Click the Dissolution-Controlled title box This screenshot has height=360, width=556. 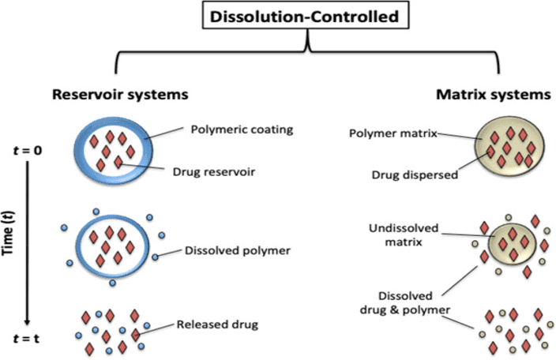point(309,17)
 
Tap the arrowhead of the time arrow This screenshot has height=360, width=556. point(27,321)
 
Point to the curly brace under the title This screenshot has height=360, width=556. point(309,51)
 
